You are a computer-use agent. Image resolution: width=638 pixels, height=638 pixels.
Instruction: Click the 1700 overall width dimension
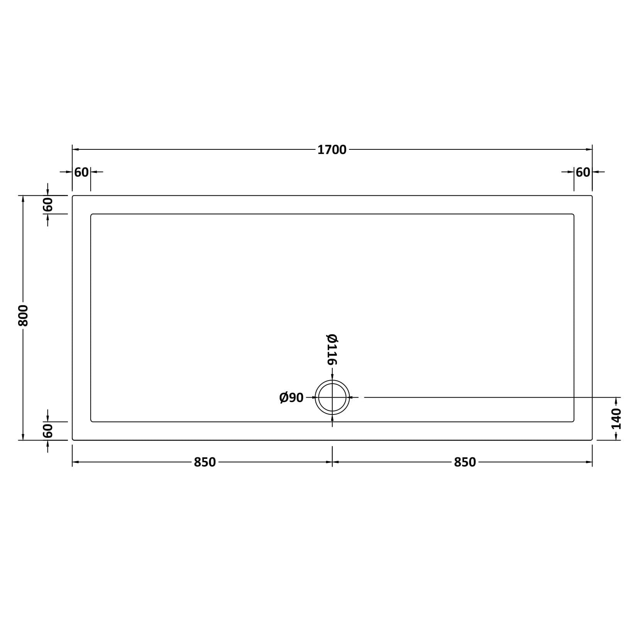pos(332,149)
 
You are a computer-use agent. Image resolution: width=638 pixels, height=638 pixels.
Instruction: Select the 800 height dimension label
pos(23,315)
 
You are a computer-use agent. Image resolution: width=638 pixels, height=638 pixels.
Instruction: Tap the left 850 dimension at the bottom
pos(205,462)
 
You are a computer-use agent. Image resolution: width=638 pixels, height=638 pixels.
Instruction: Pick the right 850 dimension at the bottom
pos(465,462)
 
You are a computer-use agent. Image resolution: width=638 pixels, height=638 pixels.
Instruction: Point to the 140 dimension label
pos(616,418)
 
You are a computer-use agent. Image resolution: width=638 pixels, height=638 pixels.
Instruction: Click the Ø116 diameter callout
pos(332,349)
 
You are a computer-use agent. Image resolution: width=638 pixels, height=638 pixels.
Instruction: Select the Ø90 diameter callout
pos(291,398)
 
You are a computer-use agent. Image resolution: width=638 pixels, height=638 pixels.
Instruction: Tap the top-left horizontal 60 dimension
pos(81,172)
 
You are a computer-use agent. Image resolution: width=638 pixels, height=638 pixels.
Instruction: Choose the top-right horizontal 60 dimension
pos(583,172)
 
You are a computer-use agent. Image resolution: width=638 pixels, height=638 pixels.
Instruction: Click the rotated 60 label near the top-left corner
pos(47,205)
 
